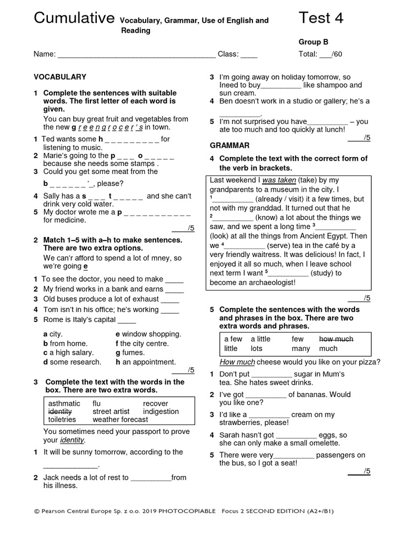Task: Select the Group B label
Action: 314,42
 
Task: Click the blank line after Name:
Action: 136,54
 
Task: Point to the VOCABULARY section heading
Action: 60,77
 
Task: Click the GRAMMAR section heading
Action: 229,145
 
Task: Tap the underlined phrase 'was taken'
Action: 279,180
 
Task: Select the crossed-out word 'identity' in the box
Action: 59,411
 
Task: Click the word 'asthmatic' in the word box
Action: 64,403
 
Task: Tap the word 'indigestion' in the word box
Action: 161,411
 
